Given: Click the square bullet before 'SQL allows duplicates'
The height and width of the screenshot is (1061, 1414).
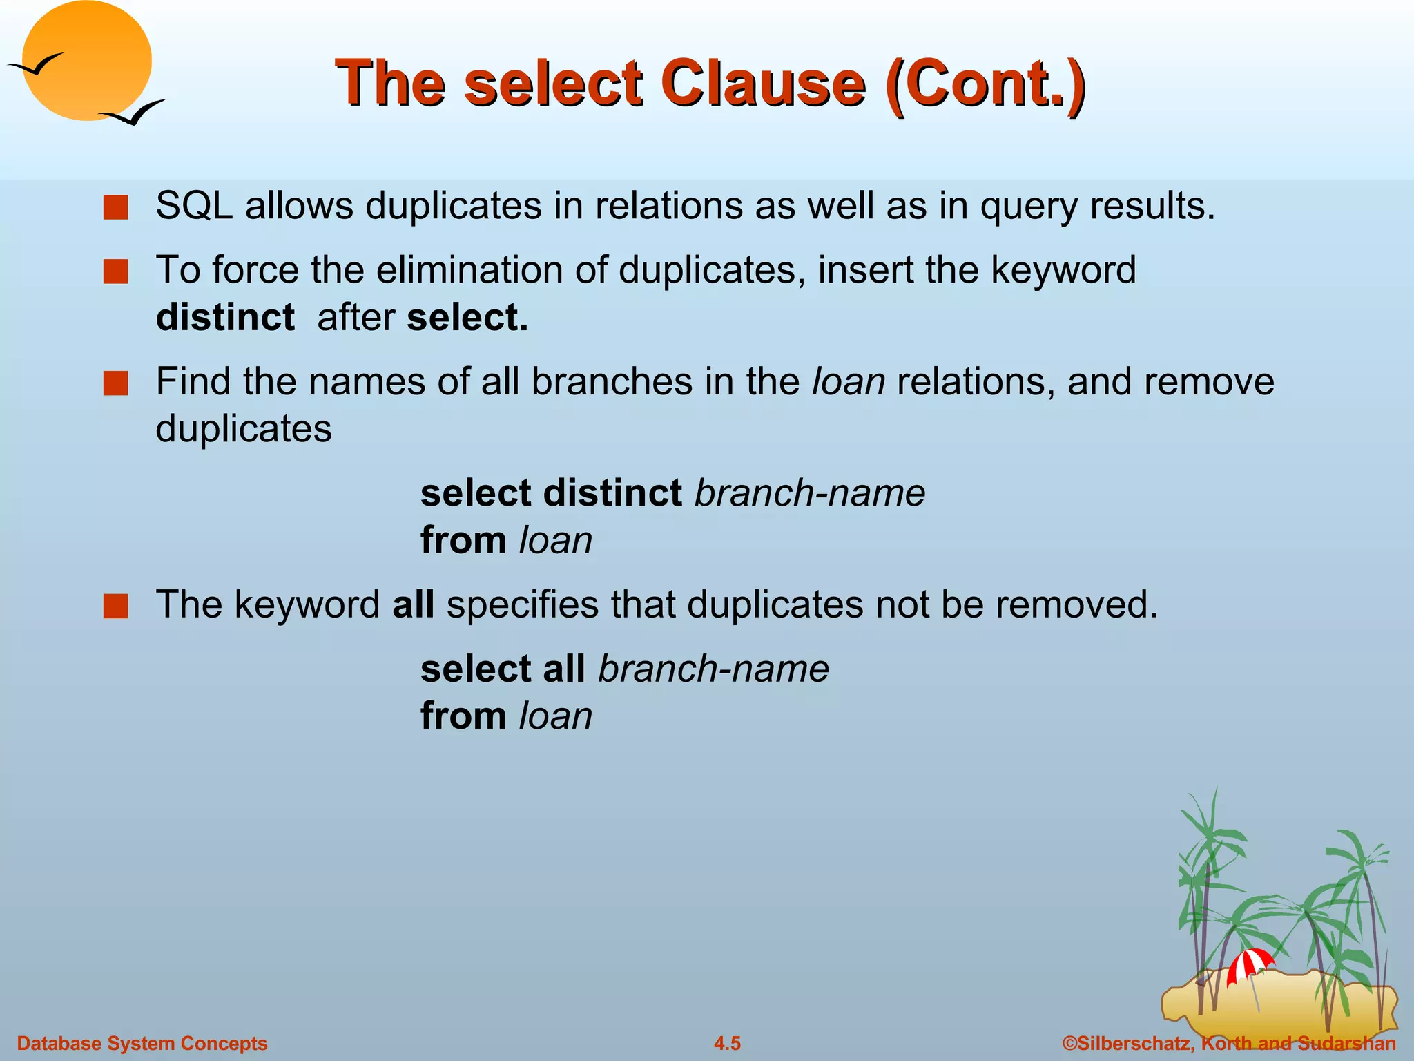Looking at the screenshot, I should [x=116, y=207].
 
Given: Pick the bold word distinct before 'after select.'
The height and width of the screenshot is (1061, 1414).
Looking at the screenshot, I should [x=225, y=318].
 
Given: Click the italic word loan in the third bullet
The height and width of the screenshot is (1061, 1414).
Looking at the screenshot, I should [x=849, y=381].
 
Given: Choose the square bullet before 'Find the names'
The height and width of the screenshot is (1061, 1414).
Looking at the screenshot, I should [x=116, y=383].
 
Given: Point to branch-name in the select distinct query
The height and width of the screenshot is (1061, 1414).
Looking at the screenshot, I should [x=810, y=493].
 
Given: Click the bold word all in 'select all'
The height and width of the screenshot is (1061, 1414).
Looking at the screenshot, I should [x=563, y=669].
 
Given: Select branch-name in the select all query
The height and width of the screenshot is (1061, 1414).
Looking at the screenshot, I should [x=714, y=669].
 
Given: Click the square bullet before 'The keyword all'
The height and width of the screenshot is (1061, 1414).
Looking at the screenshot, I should [x=116, y=606].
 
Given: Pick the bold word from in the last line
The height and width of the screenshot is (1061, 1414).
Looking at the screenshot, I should [x=464, y=716].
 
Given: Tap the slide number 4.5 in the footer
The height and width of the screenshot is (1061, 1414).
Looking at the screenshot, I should [x=727, y=1043].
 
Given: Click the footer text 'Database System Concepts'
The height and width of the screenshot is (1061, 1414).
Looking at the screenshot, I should [x=142, y=1043].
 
